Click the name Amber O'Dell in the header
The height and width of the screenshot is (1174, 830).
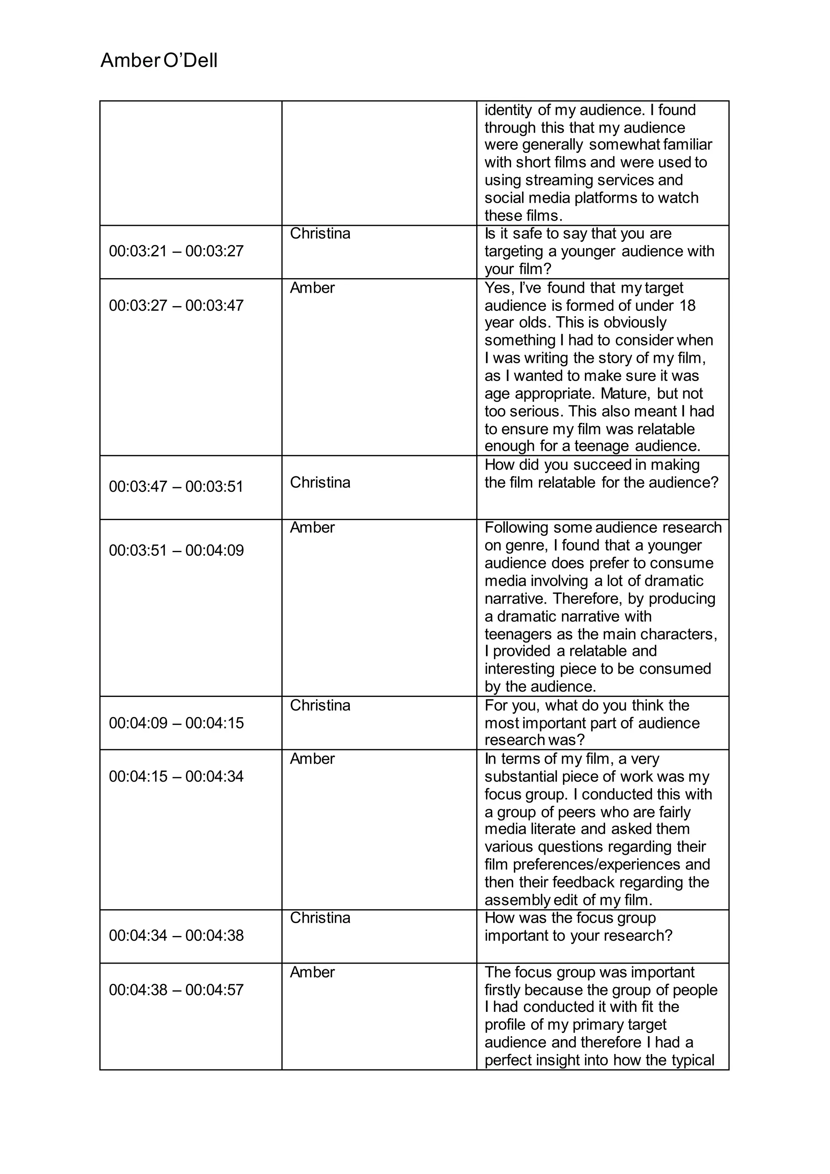point(159,61)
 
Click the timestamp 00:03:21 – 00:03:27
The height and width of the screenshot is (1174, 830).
point(176,251)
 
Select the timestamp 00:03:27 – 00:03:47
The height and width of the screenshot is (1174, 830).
point(176,305)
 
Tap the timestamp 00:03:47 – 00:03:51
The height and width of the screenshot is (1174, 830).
point(176,486)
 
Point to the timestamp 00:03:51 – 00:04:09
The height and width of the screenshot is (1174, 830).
point(176,550)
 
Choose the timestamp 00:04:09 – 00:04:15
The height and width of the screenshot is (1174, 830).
point(176,723)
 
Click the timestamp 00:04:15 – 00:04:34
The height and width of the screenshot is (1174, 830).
point(176,776)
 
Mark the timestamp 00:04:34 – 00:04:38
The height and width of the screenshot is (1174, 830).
point(176,935)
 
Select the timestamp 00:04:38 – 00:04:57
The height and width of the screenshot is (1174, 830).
point(176,990)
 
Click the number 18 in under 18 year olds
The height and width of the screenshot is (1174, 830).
point(687,305)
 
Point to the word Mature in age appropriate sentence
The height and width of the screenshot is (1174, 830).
point(625,393)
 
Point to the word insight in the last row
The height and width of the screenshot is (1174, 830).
point(560,1060)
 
